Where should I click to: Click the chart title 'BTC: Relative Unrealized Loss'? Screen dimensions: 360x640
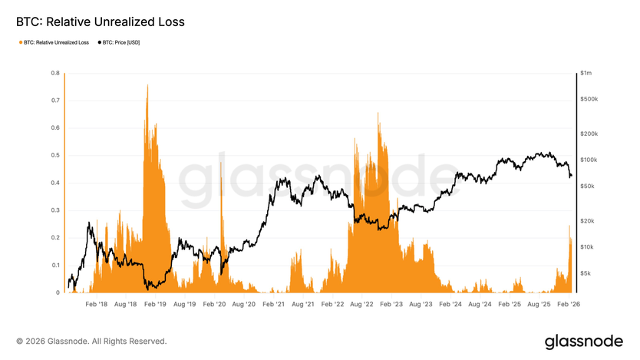tap(101, 22)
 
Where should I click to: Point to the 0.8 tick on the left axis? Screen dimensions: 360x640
tap(56, 73)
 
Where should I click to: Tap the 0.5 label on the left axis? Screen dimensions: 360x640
tap(56, 155)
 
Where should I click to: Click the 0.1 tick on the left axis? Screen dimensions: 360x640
tap(56, 265)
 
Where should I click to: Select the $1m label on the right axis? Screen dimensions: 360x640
tap(587, 73)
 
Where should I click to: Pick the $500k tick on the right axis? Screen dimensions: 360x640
tap(589, 100)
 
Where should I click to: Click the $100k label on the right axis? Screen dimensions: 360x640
tap(589, 160)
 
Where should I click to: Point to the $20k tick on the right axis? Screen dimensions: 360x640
tap(588, 220)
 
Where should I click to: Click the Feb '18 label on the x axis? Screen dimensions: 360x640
tap(97, 304)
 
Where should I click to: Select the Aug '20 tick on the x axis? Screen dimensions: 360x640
tap(244, 304)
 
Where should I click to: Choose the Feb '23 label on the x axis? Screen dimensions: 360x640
tap(392, 304)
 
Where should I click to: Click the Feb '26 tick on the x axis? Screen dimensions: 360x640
tap(569, 304)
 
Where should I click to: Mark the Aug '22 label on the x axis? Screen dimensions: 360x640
tap(362, 304)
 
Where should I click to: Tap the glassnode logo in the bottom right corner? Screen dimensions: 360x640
tap(583, 341)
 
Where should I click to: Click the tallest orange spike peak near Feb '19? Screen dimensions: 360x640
tap(147, 86)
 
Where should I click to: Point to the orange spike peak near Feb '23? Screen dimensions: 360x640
tap(378, 114)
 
